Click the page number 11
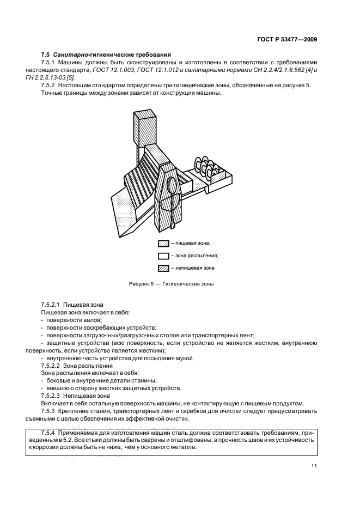(314, 465)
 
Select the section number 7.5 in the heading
(45, 54)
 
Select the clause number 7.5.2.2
(51, 366)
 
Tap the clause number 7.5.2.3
(51, 395)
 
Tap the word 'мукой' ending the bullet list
(184, 358)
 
